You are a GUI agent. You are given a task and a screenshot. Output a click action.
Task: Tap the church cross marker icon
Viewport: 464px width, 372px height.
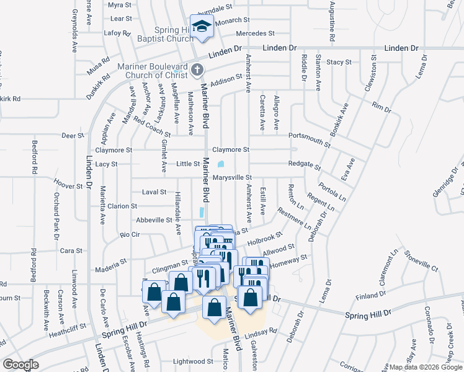pyautogui.click(x=197, y=69)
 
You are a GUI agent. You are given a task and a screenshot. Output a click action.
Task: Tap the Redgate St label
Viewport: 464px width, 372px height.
pyautogui.click(x=304, y=165)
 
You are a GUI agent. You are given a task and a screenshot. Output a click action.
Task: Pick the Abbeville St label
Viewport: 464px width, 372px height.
pyautogui.click(x=154, y=219)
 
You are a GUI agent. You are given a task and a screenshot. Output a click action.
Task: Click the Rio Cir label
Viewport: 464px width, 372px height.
pyautogui.click(x=131, y=234)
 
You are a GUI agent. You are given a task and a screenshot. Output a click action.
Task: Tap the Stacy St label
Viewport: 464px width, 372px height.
pyautogui.click(x=339, y=62)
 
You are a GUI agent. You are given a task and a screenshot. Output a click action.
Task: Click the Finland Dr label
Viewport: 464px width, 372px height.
pyautogui.click(x=376, y=296)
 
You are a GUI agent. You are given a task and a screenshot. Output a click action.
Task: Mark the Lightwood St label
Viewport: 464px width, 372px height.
pyautogui.click(x=193, y=361)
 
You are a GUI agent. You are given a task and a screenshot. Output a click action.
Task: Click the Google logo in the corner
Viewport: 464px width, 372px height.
pyautogui.click(x=20, y=365)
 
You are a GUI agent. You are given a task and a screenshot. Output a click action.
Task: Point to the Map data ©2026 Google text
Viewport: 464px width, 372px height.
pyautogui.click(x=425, y=367)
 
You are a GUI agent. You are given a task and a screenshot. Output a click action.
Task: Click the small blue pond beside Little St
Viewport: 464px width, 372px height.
pyautogui.click(x=221, y=164)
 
